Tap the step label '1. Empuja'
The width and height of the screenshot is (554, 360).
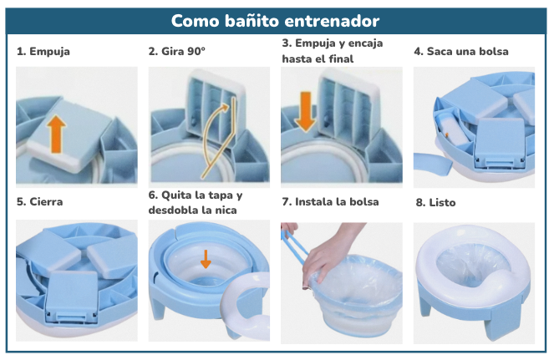pyautogui.click(x=43, y=52)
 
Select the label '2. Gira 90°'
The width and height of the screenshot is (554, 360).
pyautogui.click(x=177, y=52)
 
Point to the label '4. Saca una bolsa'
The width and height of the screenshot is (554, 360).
pyautogui.click(x=461, y=52)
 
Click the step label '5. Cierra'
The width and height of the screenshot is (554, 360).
pyautogui.click(x=40, y=201)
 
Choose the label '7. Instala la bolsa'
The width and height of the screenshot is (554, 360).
pyautogui.click(x=330, y=201)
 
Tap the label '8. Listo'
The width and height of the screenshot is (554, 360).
pyautogui.click(x=436, y=202)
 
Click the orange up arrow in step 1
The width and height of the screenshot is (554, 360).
pyautogui.click(x=56, y=133)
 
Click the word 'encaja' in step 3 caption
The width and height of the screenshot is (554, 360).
pyautogui.click(x=363, y=43)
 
